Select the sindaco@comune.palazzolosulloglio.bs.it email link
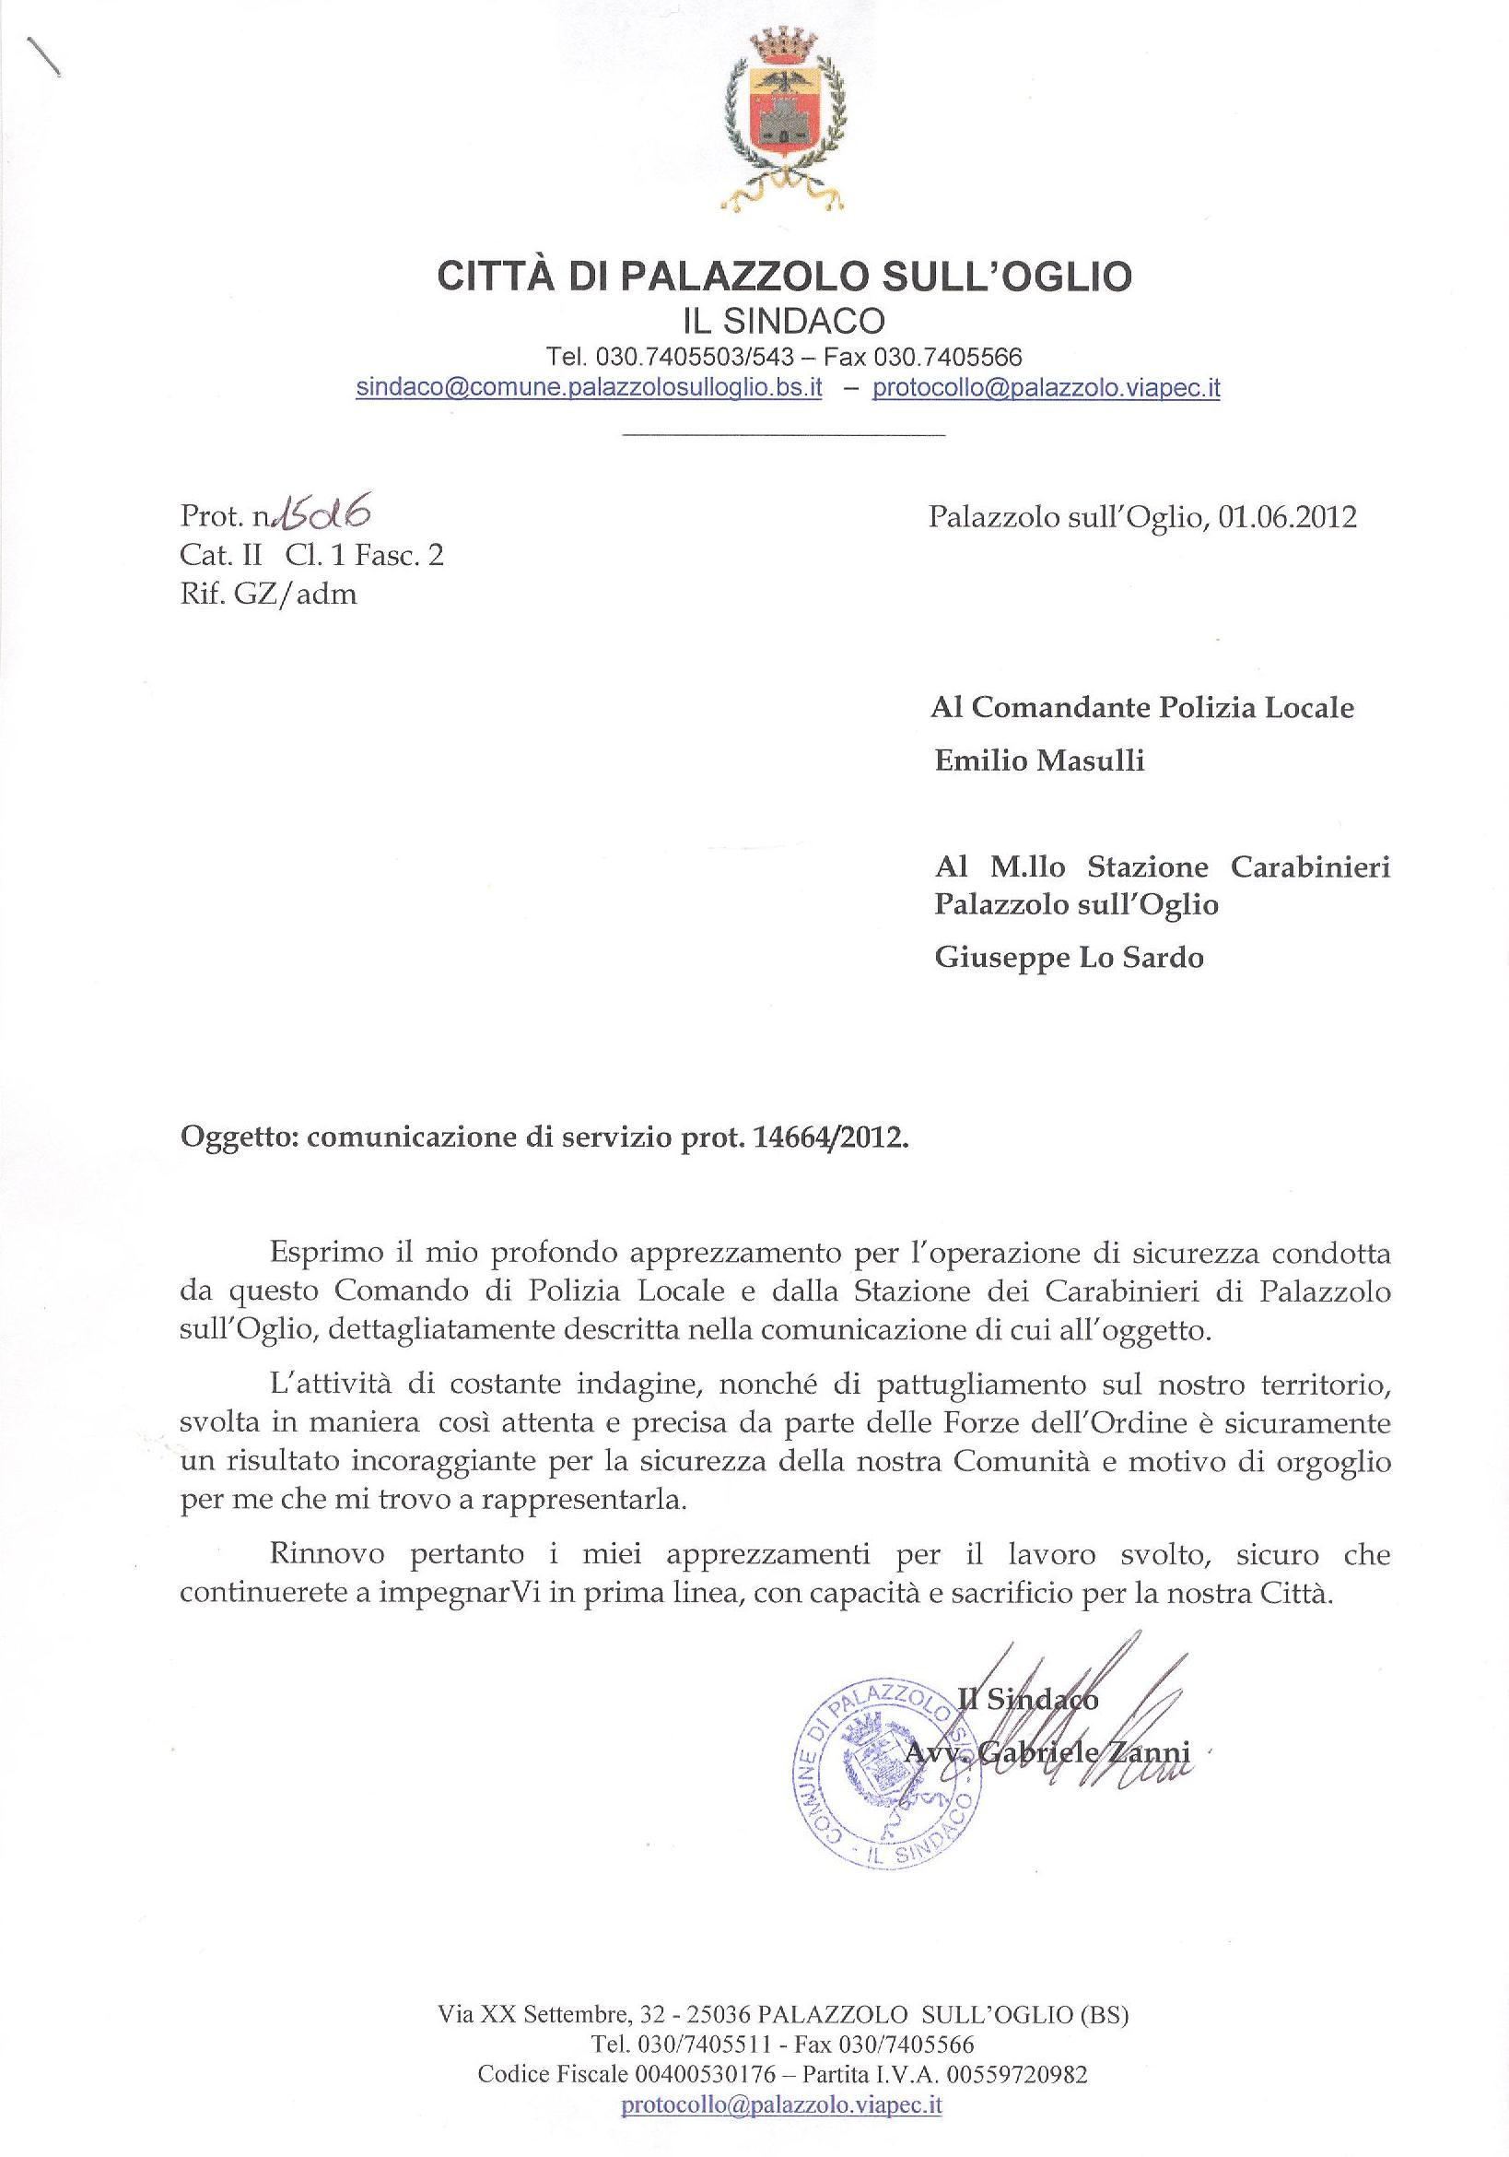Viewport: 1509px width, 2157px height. pyautogui.click(x=589, y=388)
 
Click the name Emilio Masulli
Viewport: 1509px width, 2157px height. pyautogui.click(x=1039, y=760)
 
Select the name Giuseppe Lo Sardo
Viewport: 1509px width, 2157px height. pyautogui.click(x=1069, y=958)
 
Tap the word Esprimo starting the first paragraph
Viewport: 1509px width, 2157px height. pyautogui.click(x=325, y=1254)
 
